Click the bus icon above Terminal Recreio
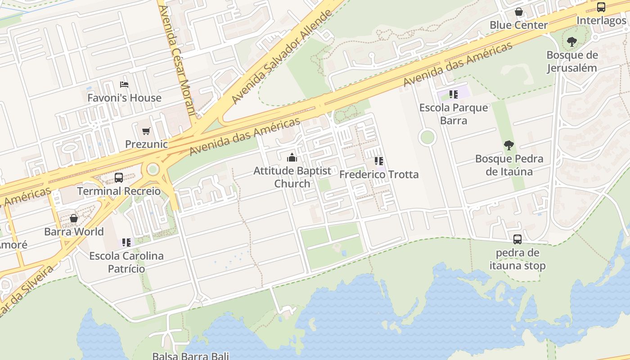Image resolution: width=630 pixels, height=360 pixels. tap(119, 177)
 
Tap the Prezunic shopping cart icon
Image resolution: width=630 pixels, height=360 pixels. tap(146, 131)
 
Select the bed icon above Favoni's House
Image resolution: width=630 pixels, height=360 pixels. tap(124, 85)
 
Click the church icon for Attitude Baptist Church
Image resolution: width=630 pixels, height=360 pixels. tap(292, 157)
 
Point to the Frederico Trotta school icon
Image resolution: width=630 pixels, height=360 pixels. tap(379, 161)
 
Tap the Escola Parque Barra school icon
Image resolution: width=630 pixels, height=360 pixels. tap(453, 94)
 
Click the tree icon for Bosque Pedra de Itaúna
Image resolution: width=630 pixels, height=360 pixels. tap(509, 145)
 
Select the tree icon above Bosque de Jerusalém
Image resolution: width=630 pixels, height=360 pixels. tap(572, 42)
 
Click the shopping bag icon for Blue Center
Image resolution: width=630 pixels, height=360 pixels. tap(518, 12)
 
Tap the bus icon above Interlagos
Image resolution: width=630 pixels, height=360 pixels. tap(601, 7)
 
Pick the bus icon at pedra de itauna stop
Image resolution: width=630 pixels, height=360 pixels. tap(517, 239)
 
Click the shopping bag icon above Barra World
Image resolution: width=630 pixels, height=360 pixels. tap(74, 219)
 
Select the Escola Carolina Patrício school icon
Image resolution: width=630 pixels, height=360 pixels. tap(126, 243)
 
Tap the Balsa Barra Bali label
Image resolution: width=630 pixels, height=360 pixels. tap(190, 356)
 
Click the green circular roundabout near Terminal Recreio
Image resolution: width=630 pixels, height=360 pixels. tap(153, 169)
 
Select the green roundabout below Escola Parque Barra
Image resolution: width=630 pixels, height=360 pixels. tap(427, 137)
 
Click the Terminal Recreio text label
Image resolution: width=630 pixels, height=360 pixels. tap(119, 191)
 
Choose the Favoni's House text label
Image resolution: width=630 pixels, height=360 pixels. tap(124, 98)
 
